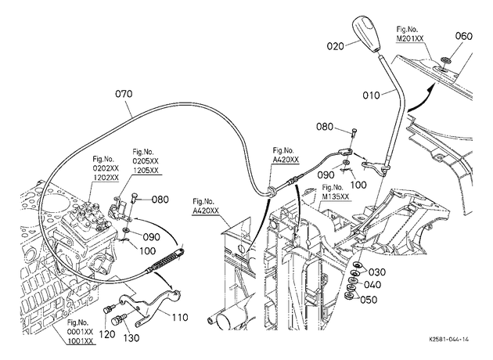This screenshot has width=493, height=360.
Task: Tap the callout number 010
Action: coord(371,95)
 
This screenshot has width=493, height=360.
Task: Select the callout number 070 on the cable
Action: coord(124,94)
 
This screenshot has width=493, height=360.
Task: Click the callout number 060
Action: coord(464,36)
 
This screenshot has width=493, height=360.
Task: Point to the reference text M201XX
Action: coord(410,38)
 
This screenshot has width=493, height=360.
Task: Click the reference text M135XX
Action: coord(336,196)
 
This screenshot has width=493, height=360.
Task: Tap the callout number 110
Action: coord(179,317)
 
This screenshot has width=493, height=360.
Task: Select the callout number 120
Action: coord(107,334)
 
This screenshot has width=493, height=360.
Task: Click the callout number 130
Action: coord(131,338)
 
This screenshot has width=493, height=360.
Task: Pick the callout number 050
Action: coord(369,300)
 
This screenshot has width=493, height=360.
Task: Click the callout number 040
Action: coord(372,285)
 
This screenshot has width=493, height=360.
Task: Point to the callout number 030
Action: coord(377,272)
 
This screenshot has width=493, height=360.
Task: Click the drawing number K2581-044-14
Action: coord(449,339)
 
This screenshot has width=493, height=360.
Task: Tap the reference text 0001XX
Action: coord(80,331)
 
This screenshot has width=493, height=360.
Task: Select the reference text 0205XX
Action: coord(146,161)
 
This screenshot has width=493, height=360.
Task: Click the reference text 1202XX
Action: coord(106,178)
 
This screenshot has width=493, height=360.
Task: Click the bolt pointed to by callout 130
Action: coord(119,320)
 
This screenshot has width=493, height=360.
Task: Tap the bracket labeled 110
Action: coord(150,305)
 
